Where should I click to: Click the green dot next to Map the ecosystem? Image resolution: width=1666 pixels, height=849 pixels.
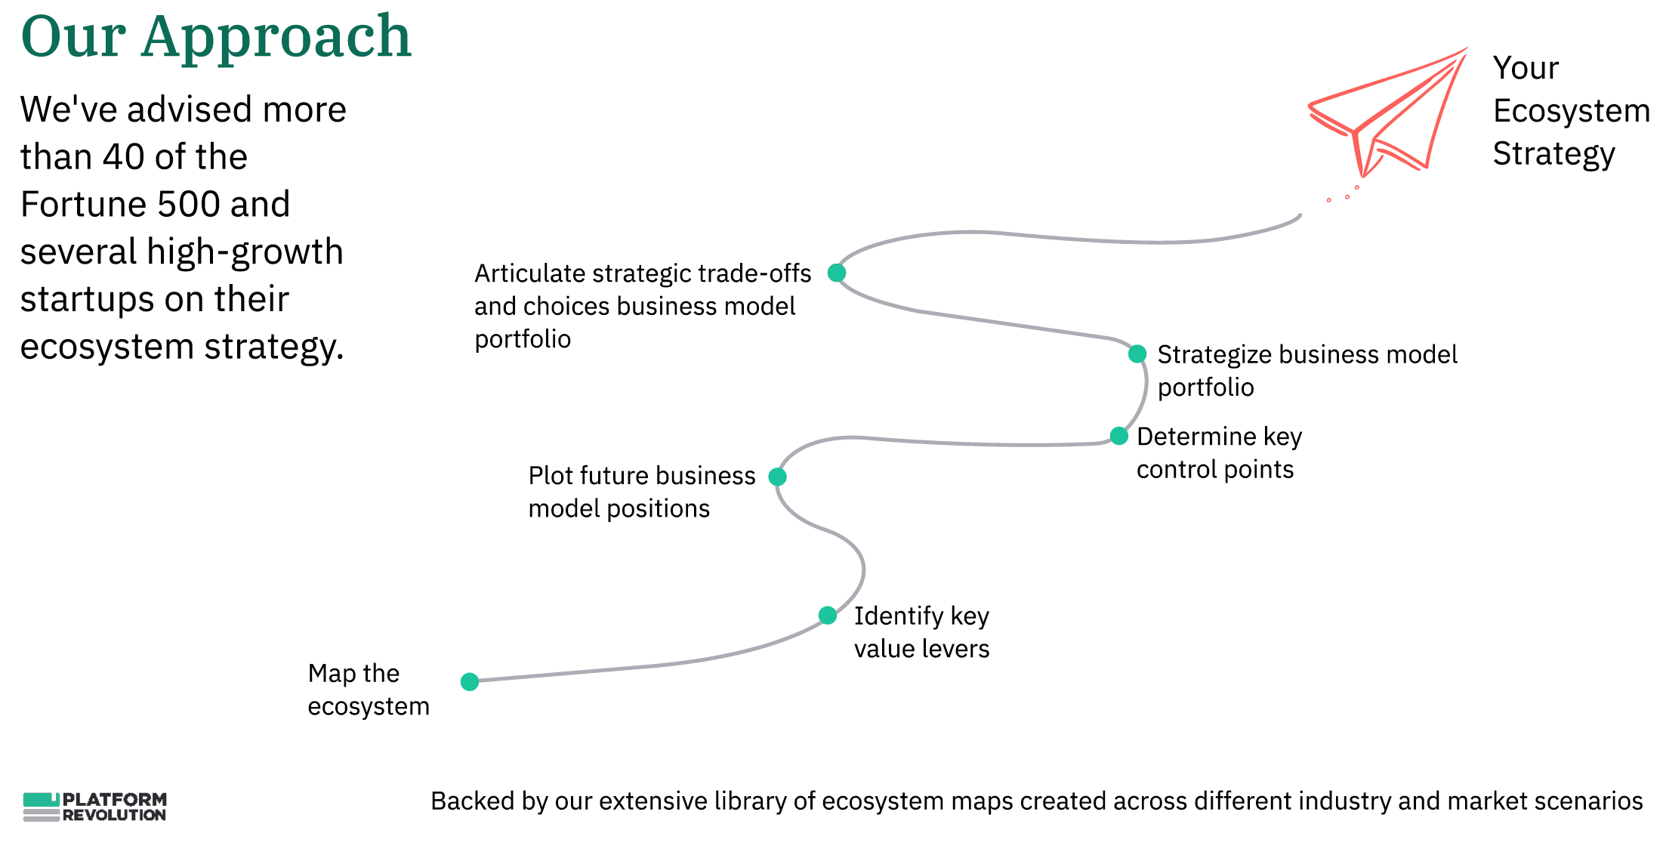pyautogui.click(x=470, y=682)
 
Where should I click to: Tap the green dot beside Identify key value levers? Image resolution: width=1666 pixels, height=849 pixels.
pyautogui.click(x=828, y=615)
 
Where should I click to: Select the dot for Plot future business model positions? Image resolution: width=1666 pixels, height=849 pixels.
pyautogui.click(x=777, y=477)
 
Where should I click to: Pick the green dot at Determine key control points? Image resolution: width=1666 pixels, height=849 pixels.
pyautogui.click(x=1118, y=436)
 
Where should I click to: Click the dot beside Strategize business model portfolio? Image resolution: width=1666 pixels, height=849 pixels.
pyautogui.click(x=1137, y=353)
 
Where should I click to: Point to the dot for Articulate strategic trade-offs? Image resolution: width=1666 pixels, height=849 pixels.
pyautogui.click(x=836, y=273)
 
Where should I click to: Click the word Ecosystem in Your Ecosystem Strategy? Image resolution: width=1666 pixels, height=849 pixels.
pyautogui.click(x=1571, y=111)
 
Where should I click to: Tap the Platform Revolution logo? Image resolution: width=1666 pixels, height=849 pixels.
pyautogui.click(x=94, y=807)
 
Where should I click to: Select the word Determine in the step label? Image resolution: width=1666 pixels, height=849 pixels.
pyautogui.click(x=1196, y=437)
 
